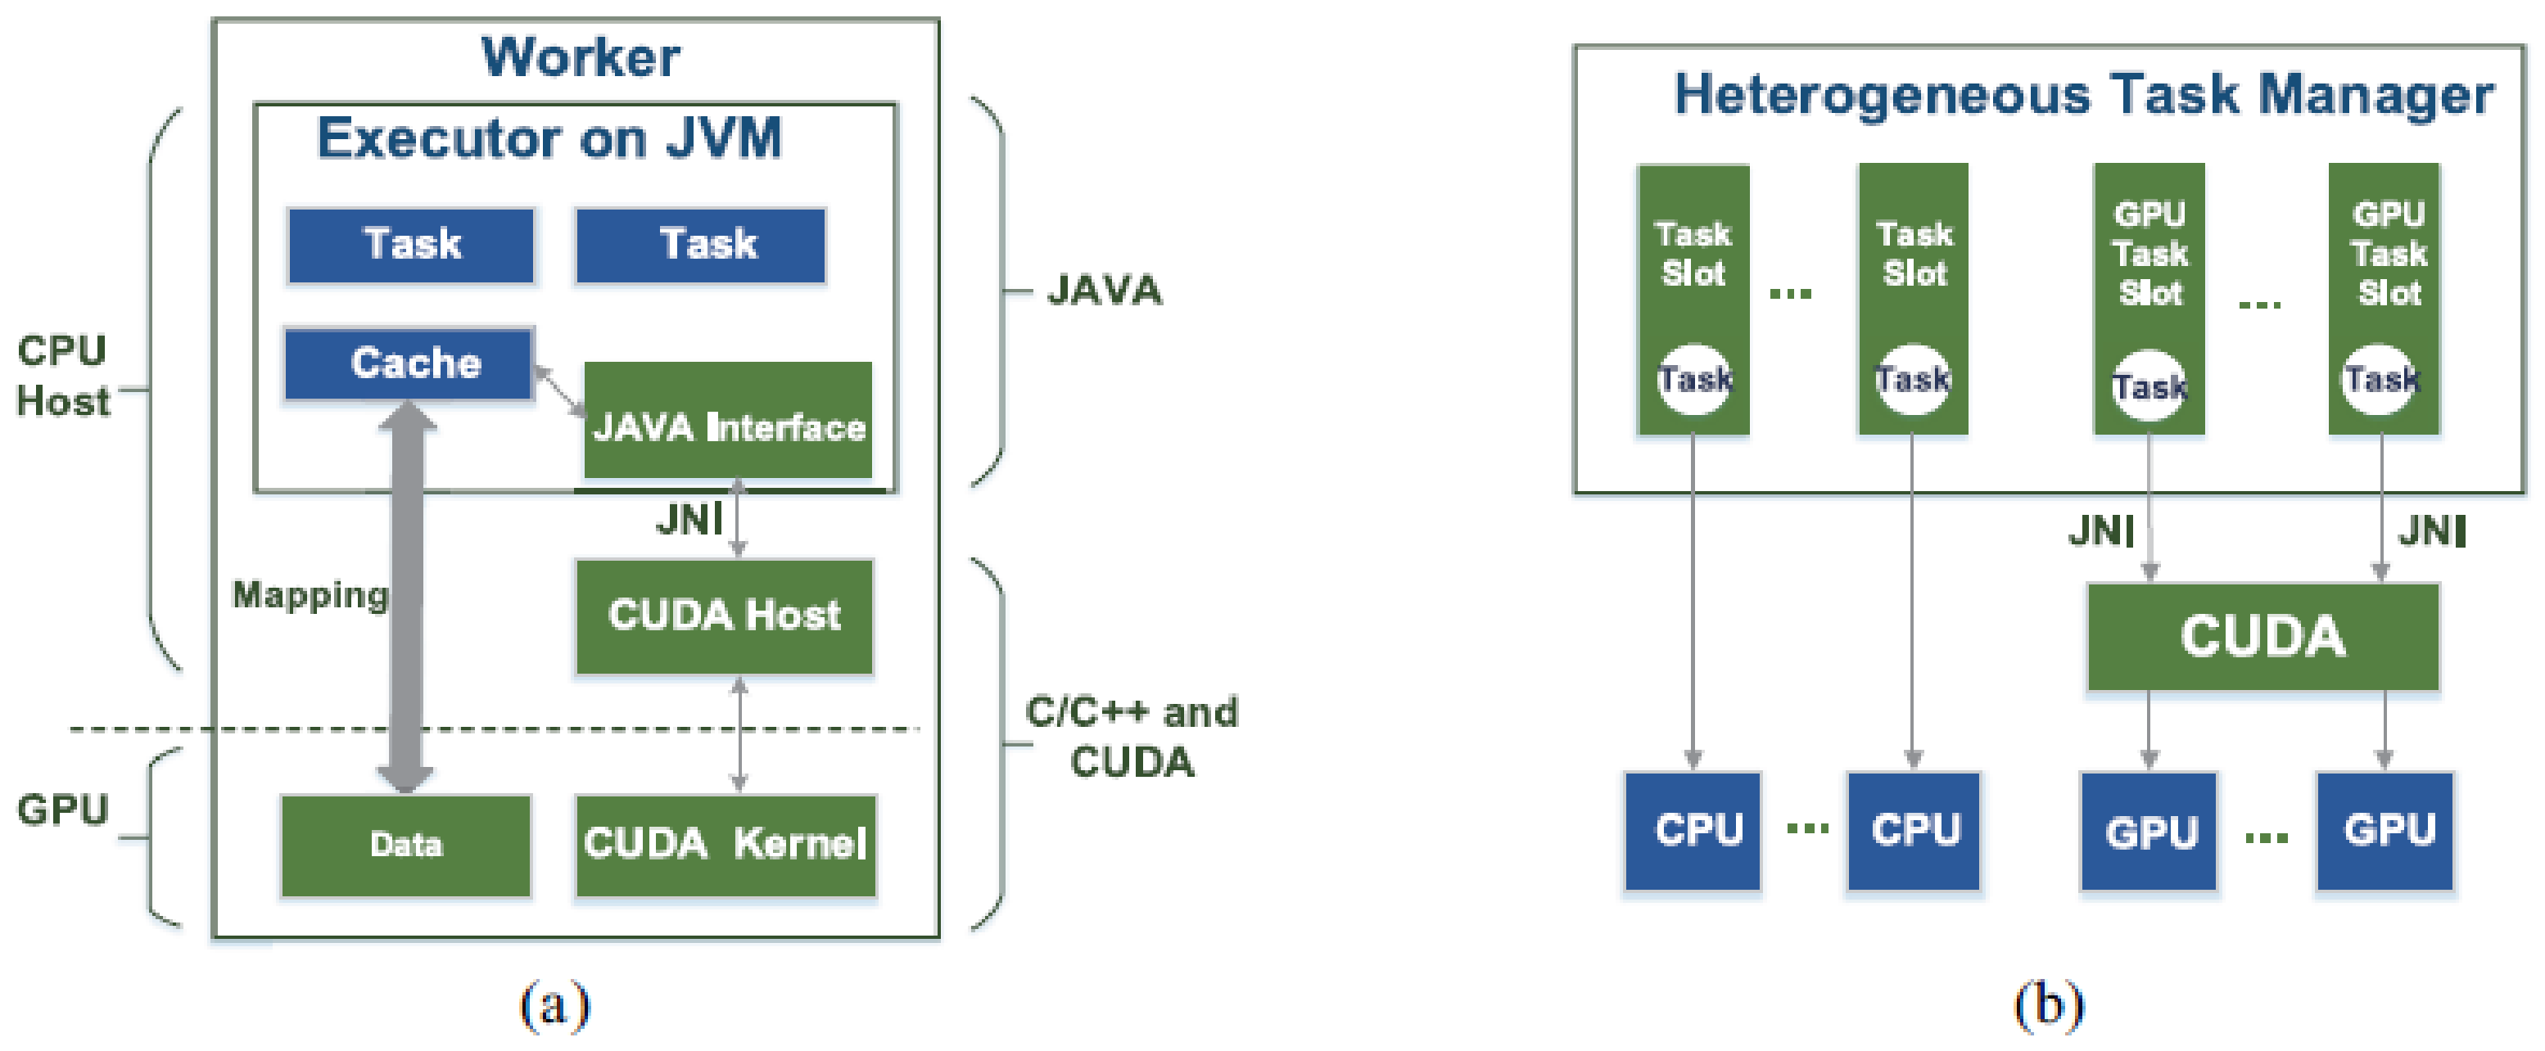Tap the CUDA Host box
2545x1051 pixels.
click(x=724, y=616)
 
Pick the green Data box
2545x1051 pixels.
click(x=406, y=845)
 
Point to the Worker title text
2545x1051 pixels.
click(x=580, y=57)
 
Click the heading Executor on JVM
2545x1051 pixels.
click(x=549, y=138)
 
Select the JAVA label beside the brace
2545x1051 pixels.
click(x=1105, y=291)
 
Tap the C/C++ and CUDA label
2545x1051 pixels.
click(x=1131, y=737)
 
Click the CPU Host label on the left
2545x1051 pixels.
click(x=62, y=377)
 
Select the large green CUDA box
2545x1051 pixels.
click(x=2262, y=636)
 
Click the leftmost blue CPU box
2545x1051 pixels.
click(x=1693, y=830)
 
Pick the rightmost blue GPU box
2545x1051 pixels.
click(x=2384, y=830)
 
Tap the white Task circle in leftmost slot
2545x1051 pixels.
click(x=1693, y=378)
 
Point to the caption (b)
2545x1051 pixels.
click(x=2048, y=1004)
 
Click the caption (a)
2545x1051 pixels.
click(x=554, y=1004)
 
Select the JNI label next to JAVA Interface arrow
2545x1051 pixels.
click(x=689, y=520)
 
